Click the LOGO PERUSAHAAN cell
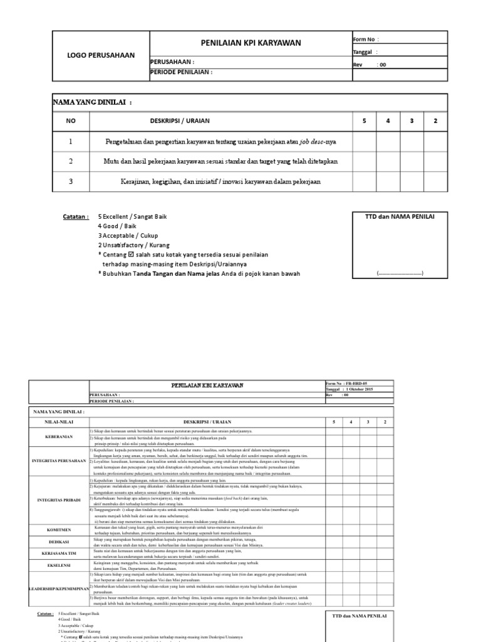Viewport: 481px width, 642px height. [101, 55]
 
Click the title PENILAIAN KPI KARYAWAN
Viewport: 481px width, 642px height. [251, 43]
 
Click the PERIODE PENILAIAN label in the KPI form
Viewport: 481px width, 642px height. [182, 72]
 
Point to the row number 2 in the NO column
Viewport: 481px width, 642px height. [71, 161]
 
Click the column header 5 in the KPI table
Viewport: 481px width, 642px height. [364, 120]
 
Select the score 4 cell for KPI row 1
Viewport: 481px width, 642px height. [388, 142]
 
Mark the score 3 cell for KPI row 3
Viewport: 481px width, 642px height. [411, 182]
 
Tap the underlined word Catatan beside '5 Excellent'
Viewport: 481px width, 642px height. [75, 217]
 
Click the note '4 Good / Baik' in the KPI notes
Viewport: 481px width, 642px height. [118, 226]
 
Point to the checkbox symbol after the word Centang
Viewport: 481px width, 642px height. [130, 255]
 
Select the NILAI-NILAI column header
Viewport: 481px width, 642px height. [58, 422]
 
